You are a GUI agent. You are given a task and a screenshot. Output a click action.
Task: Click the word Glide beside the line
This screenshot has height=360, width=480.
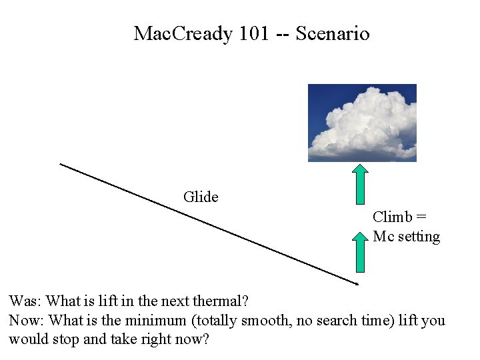coord(201,197)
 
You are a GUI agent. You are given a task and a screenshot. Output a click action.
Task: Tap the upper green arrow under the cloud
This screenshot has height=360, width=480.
coord(361,183)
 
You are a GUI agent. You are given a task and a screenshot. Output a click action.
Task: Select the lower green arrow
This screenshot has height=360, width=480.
coord(361,252)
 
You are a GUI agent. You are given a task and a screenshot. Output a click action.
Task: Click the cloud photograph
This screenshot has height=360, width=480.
coord(362,123)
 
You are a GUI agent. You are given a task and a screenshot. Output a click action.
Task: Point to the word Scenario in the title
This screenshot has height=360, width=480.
coord(332,33)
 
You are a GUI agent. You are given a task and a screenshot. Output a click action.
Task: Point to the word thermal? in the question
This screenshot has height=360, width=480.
coord(219,301)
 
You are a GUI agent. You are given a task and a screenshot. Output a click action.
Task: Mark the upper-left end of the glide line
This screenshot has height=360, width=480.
coord(61,163)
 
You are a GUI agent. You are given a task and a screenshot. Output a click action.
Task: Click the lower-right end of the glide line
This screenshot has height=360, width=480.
coord(357,284)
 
